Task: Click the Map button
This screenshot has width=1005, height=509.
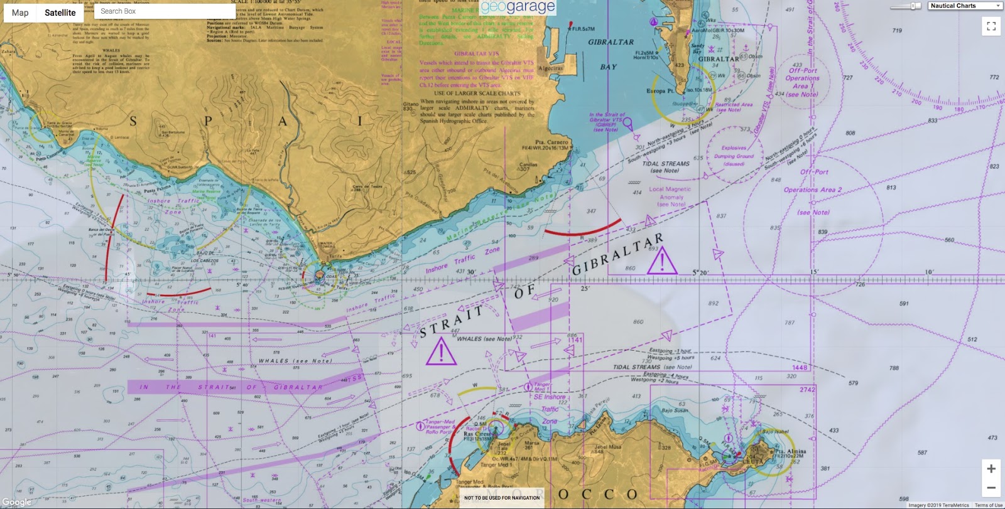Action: click(20, 13)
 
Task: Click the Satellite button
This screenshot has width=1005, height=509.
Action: click(60, 13)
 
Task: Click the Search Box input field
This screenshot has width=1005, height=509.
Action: click(165, 11)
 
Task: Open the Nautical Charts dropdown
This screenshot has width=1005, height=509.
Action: click(965, 6)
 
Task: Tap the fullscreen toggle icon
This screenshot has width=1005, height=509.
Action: click(991, 26)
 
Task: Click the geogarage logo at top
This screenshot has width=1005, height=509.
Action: click(518, 8)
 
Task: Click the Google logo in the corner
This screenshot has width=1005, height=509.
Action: click(16, 502)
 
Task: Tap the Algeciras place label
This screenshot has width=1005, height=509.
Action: click(551, 68)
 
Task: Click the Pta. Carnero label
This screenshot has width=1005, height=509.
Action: click(551, 142)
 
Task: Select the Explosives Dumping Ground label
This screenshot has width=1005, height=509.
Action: click(734, 156)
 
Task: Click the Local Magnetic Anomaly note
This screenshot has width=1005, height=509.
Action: click(670, 196)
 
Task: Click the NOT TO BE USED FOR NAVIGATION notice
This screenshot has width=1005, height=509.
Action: click(502, 498)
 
